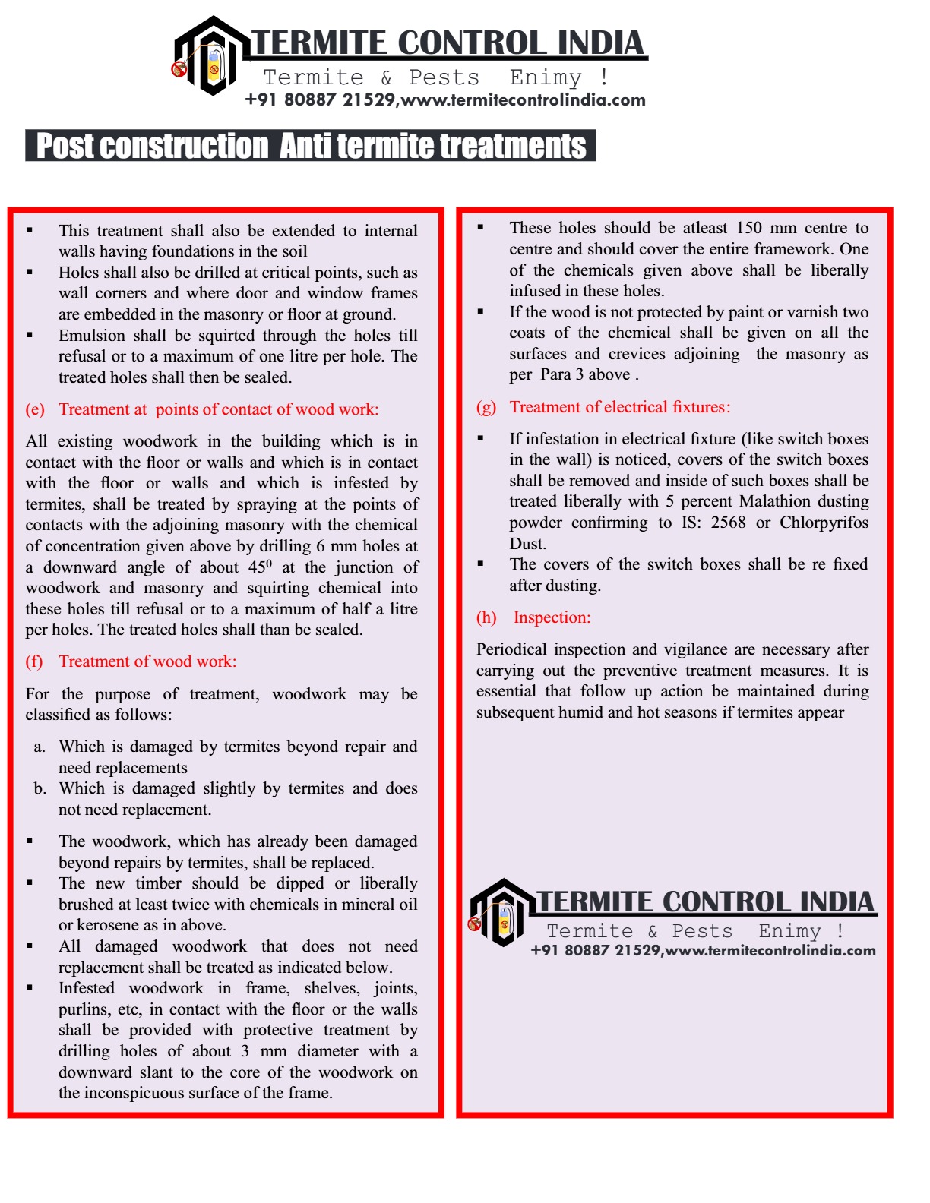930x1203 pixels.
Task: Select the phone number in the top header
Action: (x=320, y=100)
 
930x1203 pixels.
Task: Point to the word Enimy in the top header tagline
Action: (x=546, y=77)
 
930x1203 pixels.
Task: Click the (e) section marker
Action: (x=35, y=409)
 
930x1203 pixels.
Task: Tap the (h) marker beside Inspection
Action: (x=486, y=617)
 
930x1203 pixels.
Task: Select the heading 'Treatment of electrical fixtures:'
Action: (x=620, y=407)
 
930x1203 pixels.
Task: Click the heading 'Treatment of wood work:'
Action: (x=147, y=661)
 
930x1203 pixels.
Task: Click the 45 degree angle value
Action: (x=260, y=567)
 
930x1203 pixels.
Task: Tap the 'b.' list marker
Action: (x=40, y=788)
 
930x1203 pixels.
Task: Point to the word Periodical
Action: (x=511, y=649)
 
